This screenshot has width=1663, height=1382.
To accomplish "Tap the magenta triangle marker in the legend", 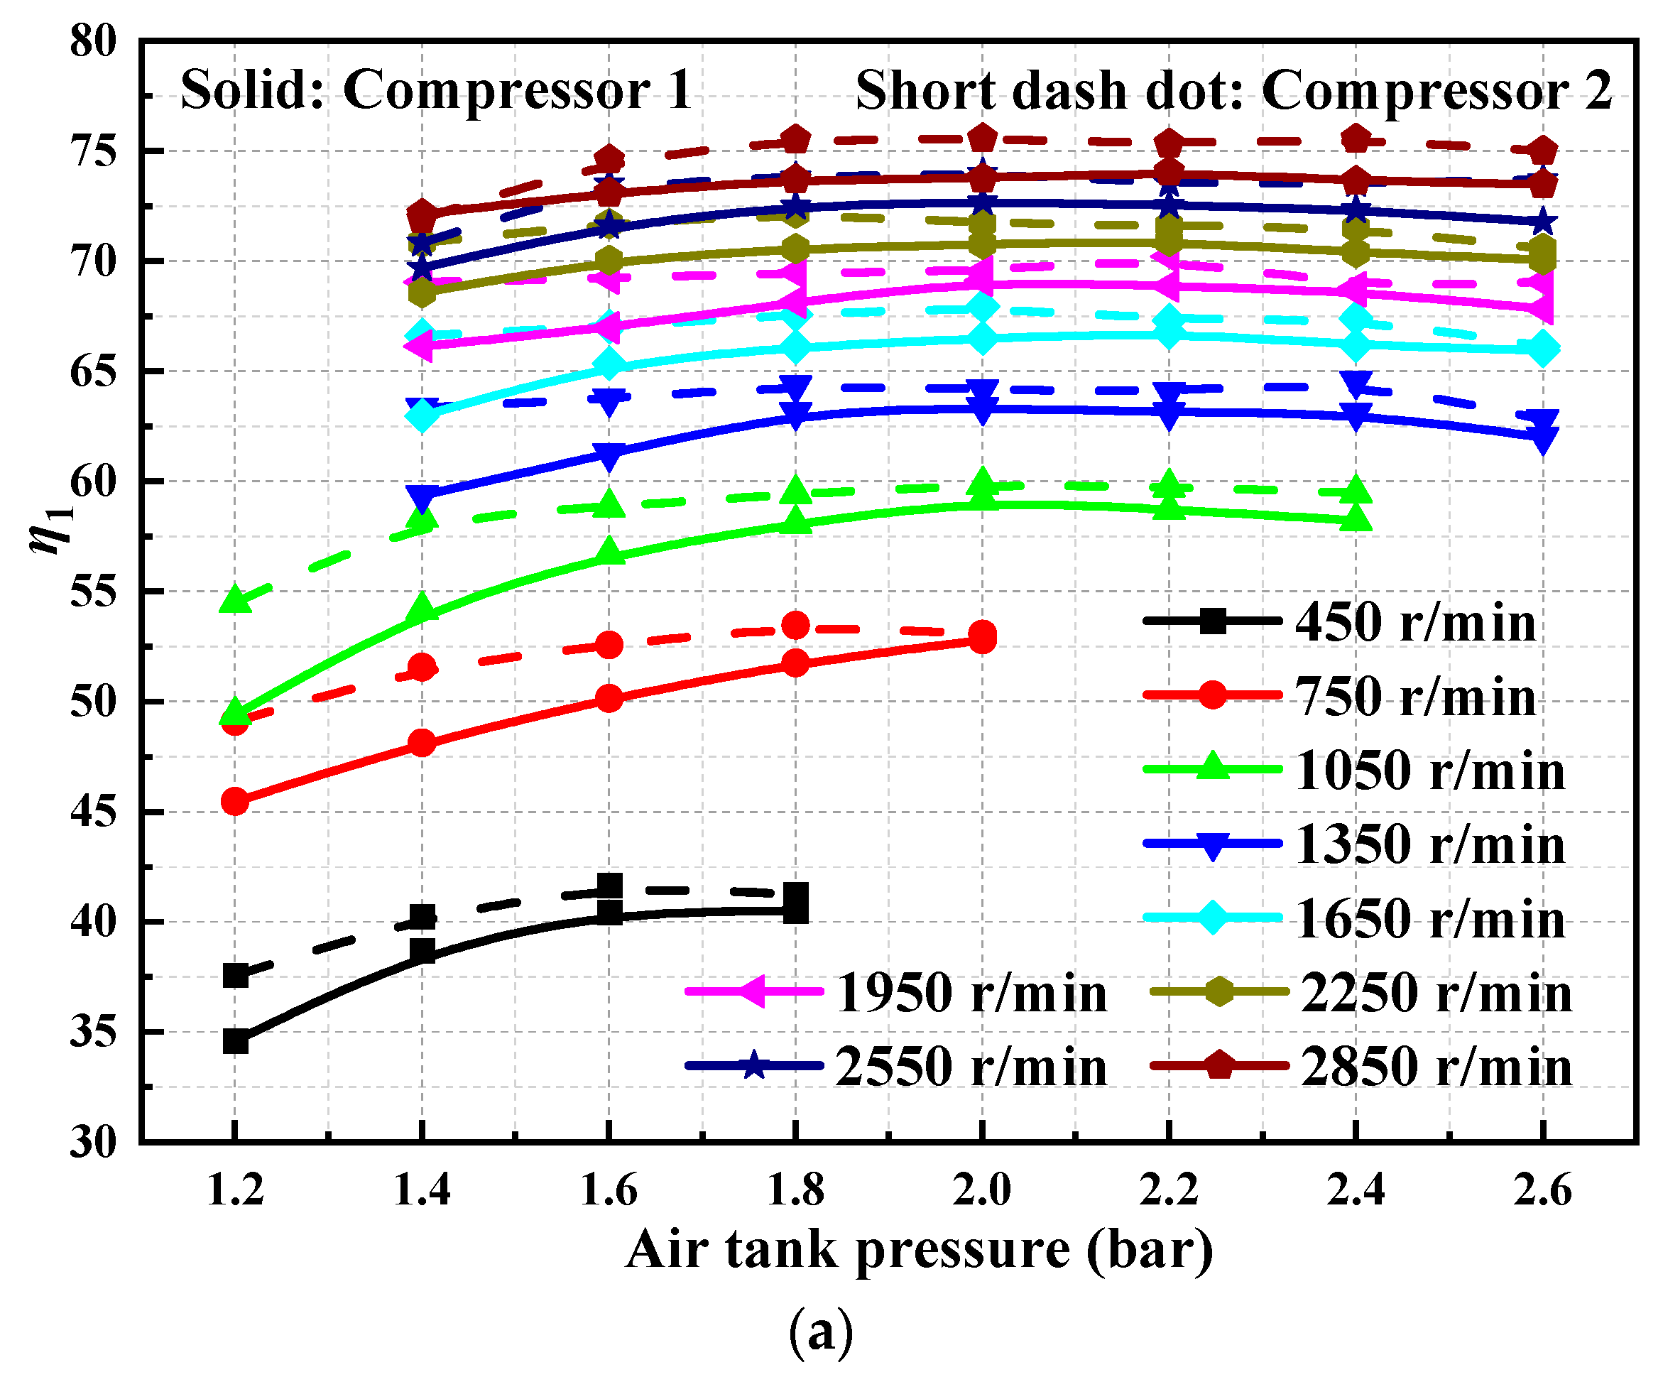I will pyautogui.click(x=751, y=991).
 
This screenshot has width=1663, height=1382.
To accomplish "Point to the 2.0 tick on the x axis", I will pyautogui.click(x=982, y=1190).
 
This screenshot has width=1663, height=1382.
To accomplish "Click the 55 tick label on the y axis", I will pyautogui.click(x=94, y=592).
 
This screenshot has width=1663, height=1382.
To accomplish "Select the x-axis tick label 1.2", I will pyautogui.click(x=234, y=1190).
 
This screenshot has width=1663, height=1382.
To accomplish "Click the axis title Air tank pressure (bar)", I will pyautogui.click(x=919, y=1249).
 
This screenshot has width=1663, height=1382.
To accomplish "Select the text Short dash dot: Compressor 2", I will pyautogui.click(x=1233, y=89).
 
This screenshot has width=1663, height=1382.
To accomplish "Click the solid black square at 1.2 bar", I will pyautogui.click(x=235, y=1041).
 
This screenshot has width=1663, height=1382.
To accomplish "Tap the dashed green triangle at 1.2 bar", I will pyautogui.click(x=235, y=599).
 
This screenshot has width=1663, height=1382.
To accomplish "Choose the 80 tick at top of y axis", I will pyautogui.click(x=94, y=40).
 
